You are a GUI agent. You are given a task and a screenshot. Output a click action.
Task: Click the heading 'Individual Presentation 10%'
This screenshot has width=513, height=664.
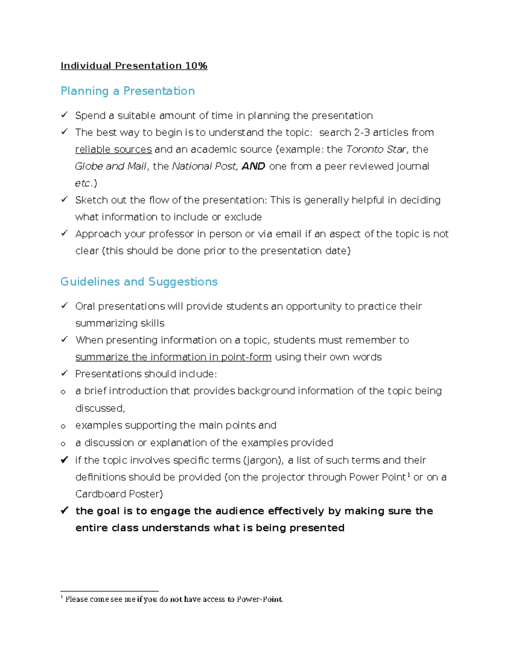[134, 66]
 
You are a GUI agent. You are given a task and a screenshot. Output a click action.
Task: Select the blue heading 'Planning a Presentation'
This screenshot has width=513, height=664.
[127, 91]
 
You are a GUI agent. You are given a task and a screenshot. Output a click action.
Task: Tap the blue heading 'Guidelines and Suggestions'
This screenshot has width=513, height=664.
[139, 282]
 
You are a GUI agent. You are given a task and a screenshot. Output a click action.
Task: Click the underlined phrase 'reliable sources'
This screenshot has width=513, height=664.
[113, 150]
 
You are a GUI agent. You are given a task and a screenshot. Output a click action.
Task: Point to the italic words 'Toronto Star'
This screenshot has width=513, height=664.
[375, 150]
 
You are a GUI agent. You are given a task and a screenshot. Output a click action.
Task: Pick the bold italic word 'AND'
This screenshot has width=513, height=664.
[254, 166]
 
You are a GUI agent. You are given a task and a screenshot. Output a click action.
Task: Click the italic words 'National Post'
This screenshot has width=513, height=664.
[204, 166]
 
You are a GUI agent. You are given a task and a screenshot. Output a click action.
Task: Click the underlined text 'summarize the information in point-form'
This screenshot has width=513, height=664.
[173, 357]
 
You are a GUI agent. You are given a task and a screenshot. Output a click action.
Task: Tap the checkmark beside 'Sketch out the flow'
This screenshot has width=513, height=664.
[64, 199]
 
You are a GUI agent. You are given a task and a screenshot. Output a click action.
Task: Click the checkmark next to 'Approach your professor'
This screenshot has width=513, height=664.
[64, 233]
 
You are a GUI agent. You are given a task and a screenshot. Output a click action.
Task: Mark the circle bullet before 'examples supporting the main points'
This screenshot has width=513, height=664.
[63, 426]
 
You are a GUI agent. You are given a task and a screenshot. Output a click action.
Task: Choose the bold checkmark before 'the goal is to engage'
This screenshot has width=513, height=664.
[65, 510]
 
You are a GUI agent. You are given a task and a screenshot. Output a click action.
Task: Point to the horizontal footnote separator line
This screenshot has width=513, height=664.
[109, 591]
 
